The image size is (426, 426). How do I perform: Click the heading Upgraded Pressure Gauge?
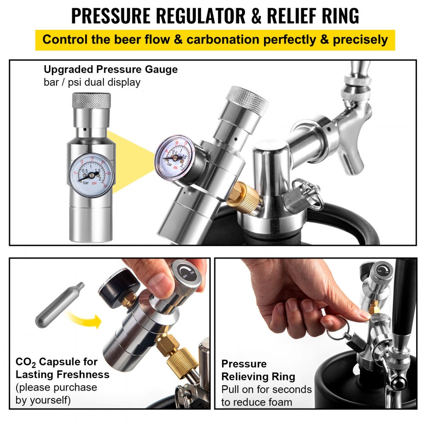point(111,69)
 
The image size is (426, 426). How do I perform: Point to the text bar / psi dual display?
point(92,82)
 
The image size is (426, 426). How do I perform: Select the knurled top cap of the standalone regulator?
point(91,101)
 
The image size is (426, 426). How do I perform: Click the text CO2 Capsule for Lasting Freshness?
point(62,368)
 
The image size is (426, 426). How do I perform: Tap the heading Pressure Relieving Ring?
point(258,370)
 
